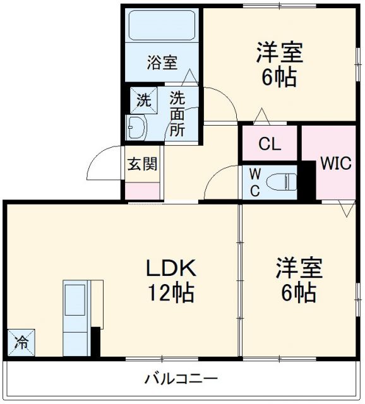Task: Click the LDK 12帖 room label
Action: tap(171, 280)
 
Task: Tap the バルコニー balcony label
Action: tap(181, 379)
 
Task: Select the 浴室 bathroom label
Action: tap(162, 62)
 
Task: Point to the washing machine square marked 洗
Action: tap(144, 100)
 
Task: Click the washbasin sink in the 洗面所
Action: tap(136, 128)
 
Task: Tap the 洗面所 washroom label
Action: tap(177, 114)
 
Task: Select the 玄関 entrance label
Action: tap(142, 165)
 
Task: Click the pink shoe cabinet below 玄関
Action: tap(142, 190)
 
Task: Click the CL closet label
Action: tap(270, 143)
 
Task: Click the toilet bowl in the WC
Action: tap(282, 182)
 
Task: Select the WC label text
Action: tap(253, 182)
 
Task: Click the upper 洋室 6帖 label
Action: tap(279, 64)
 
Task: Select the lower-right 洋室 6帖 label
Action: tap(298, 280)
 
